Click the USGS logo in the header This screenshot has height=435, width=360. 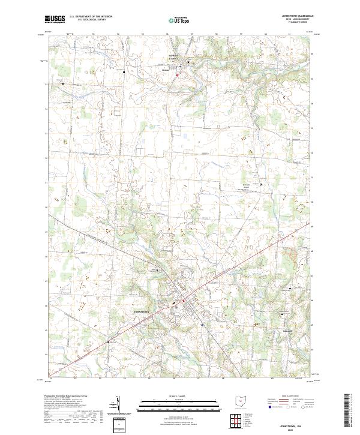(x=55, y=19)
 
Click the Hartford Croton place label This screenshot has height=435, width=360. (x=175, y=59)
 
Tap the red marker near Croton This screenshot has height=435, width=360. (x=178, y=75)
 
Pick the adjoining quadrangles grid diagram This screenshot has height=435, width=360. (x=236, y=419)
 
